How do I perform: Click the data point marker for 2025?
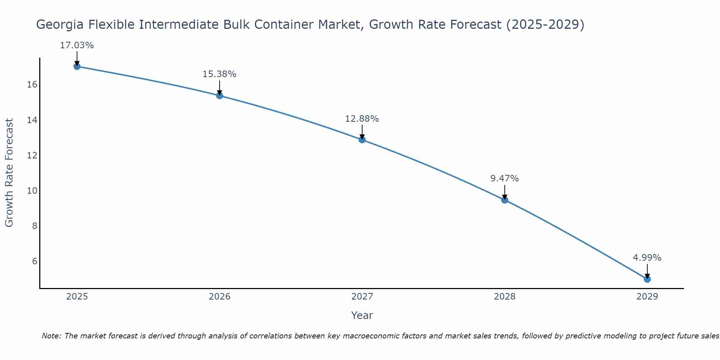(x=77, y=66)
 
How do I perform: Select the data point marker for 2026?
(x=220, y=95)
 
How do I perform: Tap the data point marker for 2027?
(x=362, y=140)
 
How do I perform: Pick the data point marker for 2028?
(x=505, y=200)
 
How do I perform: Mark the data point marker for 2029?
(x=647, y=279)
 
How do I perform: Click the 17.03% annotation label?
(x=77, y=45)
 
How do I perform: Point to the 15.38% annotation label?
(x=219, y=74)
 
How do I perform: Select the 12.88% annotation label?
(x=362, y=119)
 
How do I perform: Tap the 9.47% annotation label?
(x=504, y=179)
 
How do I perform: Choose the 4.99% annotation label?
(x=647, y=258)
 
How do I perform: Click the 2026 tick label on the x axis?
(x=220, y=297)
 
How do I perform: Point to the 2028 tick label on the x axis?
(x=505, y=297)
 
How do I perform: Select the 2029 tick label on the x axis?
(x=647, y=297)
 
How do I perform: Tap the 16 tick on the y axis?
(x=32, y=85)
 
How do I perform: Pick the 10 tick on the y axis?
(x=32, y=190)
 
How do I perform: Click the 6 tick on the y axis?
(x=35, y=261)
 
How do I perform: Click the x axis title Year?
(x=362, y=315)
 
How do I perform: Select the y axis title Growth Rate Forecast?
(x=9, y=173)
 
